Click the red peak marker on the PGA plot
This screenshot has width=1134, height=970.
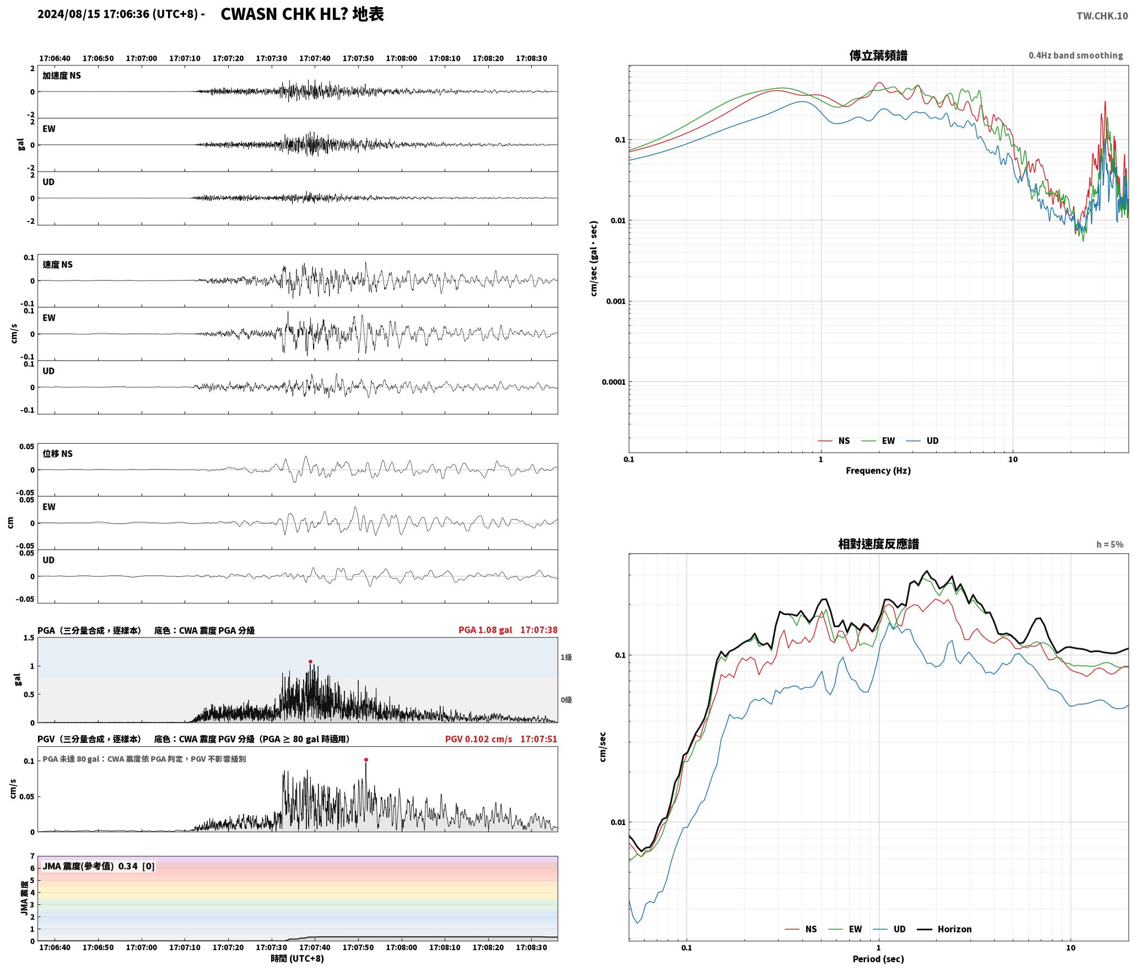(x=310, y=661)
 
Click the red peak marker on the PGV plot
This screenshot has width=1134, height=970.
(x=366, y=759)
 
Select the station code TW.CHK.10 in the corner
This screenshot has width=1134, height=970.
(x=1102, y=16)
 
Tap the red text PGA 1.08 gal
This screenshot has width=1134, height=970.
(x=485, y=629)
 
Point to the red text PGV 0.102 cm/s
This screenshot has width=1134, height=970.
(x=478, y=739)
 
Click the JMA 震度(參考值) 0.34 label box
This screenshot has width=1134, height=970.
(x=99, y=866)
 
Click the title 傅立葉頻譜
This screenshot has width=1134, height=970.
(x=878, y=55)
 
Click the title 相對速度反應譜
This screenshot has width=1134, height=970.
(x=878, y=544)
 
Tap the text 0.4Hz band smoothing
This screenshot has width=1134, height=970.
(x=1076, y=55)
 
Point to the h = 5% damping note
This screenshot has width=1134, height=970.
(x=1110, y=545)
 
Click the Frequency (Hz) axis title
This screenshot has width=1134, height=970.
(x=878, y=471)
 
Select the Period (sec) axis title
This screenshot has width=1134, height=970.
(x=878, y=959)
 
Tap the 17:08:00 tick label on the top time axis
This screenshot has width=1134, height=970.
(x=401, y=58)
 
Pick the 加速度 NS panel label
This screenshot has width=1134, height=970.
(x=62, y=76)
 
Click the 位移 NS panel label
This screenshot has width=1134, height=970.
(x=58, y=454)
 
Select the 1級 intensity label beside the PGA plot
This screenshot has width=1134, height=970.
(x=566, y=657)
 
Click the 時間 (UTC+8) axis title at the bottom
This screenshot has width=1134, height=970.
(x=297, y=958)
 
